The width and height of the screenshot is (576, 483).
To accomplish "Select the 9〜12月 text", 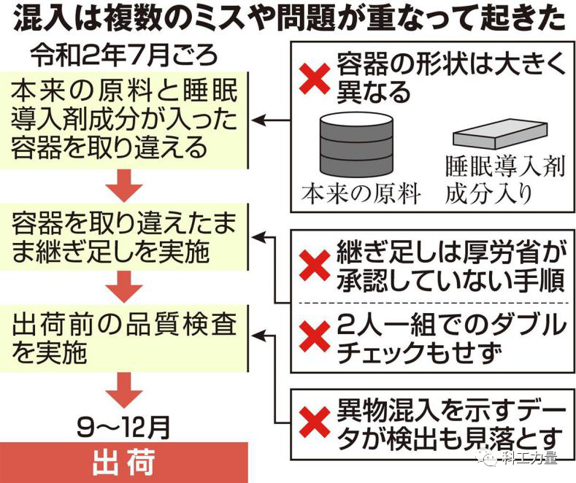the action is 124,422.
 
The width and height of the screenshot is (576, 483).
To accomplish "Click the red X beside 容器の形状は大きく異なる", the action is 316,76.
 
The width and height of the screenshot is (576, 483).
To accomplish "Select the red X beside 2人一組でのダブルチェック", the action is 316,336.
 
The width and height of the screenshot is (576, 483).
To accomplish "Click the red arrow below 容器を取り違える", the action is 124,187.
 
